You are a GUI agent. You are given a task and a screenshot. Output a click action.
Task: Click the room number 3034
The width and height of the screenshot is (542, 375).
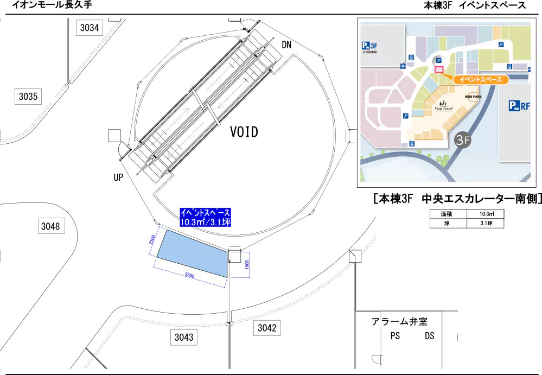coord(90,28)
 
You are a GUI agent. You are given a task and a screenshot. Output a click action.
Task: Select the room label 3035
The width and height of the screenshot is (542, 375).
coord(28,97)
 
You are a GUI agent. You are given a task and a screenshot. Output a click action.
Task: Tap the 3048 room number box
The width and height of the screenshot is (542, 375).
coord(50,226)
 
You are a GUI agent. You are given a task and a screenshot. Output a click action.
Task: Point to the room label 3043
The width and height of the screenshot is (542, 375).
coord(184,337)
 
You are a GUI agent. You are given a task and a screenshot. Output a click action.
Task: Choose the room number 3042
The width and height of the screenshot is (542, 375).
coord(267,328)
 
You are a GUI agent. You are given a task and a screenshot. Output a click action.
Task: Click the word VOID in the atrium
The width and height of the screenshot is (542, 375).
coord(244,132)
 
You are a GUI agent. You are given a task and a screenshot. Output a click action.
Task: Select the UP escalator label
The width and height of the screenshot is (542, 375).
coord(119,177)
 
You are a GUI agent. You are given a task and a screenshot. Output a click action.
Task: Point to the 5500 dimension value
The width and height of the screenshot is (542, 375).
coord(189,276)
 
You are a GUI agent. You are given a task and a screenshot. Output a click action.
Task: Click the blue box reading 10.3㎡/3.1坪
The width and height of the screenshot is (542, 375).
coord(206,217)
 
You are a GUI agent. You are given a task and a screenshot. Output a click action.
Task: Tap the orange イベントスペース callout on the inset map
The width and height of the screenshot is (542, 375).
coord(480,80)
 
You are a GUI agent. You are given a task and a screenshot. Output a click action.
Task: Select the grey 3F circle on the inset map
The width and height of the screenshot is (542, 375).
coord(462,139)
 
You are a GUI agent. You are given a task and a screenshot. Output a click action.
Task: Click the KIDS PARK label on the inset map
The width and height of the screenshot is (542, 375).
coord(473,97)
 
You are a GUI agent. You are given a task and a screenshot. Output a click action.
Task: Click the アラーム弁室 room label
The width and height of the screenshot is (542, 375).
coord(399,322)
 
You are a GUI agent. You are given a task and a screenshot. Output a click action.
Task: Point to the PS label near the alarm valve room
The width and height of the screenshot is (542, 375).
coord(395,336)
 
